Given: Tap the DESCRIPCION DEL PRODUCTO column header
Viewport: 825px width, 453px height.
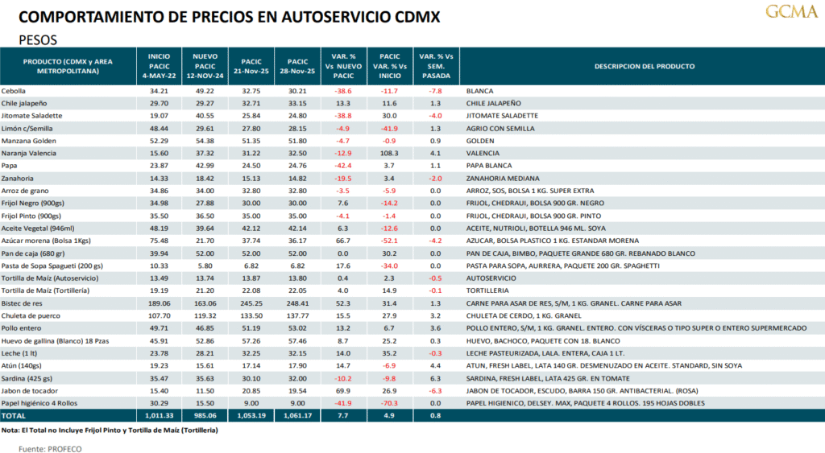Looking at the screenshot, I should coord(644,66).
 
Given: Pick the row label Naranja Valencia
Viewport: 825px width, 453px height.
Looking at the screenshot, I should coord(28,153).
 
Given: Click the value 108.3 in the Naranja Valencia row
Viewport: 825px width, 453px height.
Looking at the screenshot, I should coord(389,153).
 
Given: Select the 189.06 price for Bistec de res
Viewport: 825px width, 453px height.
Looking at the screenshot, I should coord(159,303).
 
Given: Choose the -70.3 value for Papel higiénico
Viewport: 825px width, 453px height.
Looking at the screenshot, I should coord(389,402).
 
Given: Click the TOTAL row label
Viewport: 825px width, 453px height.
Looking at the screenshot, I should coord(15,415).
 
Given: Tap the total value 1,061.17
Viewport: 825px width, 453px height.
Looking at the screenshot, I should coord(297,415).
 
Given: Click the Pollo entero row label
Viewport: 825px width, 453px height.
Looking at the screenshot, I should coord(22,328).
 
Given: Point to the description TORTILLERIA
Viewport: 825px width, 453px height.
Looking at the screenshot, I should coord(490,290).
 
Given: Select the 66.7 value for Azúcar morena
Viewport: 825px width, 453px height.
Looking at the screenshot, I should coord(343,241).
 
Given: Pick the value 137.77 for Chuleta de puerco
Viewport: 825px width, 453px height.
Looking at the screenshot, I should coord(297,315).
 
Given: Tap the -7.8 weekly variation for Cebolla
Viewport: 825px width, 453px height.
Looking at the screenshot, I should coord(435,91).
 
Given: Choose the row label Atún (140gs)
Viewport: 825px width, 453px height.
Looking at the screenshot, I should coord(23,365).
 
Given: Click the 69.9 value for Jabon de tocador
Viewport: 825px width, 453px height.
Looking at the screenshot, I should coord(343,390).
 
